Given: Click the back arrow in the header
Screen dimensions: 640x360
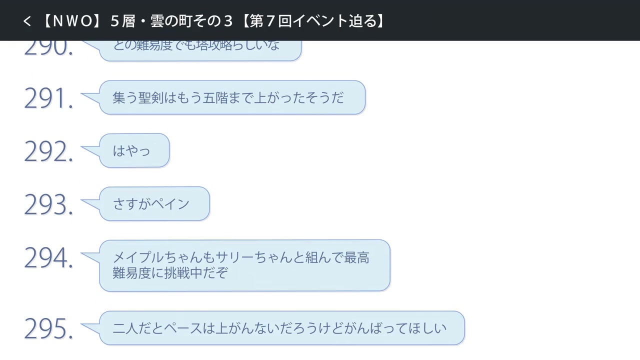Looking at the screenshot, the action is (27, 21).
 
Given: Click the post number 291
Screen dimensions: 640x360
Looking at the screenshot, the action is (48, 98).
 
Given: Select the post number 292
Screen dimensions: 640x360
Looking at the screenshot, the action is (48, 151).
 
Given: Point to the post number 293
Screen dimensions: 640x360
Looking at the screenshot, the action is (48, 204).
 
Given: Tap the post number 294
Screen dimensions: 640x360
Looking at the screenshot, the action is (48, 258).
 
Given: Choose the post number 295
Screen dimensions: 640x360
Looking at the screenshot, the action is (48, 329).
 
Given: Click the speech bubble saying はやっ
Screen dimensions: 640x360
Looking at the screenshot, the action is (134, 150).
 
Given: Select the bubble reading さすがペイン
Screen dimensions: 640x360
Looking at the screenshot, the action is (154, 203).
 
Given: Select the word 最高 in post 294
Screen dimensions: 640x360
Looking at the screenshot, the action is (357, 258).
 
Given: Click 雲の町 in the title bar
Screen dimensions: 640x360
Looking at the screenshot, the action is (173, 21).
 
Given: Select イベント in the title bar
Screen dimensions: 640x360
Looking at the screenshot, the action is (318, 21).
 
